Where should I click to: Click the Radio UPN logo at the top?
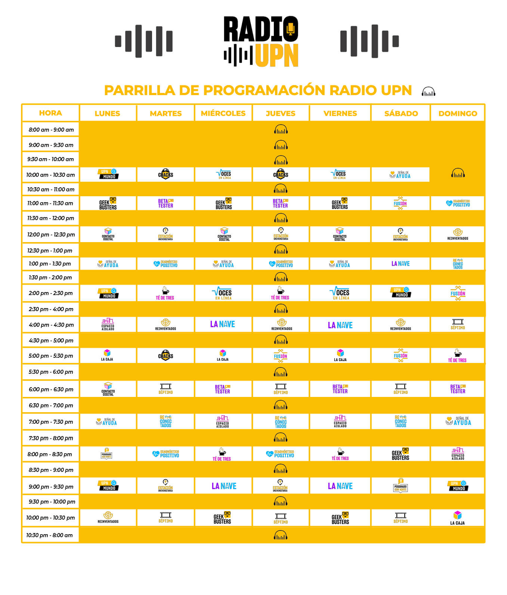tap(261, 41)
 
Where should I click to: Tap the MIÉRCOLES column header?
tap(223, 113)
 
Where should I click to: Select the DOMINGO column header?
tap(458, 113)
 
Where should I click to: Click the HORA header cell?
tap(50, 113)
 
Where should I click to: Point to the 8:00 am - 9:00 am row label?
tap(51, 130)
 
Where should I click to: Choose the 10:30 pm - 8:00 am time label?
tap(49, 535)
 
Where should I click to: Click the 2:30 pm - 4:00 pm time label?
tap(51, 309)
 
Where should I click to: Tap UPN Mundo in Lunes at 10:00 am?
tap(108, 174)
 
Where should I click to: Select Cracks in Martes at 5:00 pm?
tap(166, 356)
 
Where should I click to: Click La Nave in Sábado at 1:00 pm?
tap(401, 264)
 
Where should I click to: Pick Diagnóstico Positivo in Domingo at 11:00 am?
tap(458, 203)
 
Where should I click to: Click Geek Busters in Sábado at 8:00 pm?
tap(401, 454)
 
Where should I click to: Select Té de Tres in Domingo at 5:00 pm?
tap(457, 356)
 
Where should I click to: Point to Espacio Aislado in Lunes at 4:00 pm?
tap(108, 325)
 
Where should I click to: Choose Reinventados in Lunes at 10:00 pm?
tap(108, 518)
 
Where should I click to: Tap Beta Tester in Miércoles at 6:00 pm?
tap(223, 389)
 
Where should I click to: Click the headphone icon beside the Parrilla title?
tap(428, 91)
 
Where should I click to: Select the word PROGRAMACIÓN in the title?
tap(264, 90)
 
